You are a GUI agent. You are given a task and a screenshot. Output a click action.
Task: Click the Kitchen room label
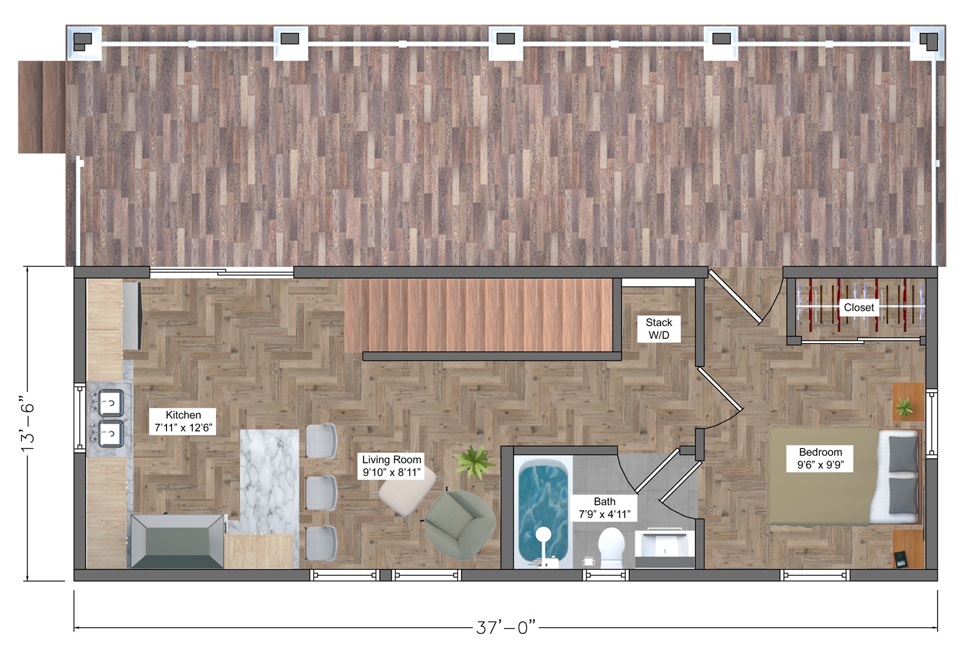click(x=183, y=421)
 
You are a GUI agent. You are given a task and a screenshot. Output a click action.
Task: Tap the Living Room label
click(x=391, y=466)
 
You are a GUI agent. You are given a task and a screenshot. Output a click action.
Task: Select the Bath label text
click(x=605, y=508)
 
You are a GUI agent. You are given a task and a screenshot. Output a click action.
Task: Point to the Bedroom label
click(x=820, y=458)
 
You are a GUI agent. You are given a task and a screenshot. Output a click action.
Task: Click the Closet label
click(x=859, y=307)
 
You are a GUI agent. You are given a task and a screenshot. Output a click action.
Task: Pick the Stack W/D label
click(x=659, y=329)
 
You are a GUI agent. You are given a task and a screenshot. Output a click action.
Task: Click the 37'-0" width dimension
click(x=506, y=627)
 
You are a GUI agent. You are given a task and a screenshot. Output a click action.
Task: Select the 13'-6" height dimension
click(x=27, y=423)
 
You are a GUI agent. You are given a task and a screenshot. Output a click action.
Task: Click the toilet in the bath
click(x=611, y=548)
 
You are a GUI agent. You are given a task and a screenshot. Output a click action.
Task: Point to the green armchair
click(x=460, y=525)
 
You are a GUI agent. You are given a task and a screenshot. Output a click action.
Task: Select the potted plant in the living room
click(x=473, y=461)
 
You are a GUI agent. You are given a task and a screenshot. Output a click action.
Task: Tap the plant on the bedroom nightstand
click(x=905, y=408)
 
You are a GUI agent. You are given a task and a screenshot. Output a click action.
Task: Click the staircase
click(x=479, y=315)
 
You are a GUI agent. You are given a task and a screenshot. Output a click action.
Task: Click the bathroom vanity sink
click(x=665, y=547)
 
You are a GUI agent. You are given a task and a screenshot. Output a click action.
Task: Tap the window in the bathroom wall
click(x=606, y=575)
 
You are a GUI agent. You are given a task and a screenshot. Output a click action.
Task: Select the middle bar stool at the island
click(x=321, y=492)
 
